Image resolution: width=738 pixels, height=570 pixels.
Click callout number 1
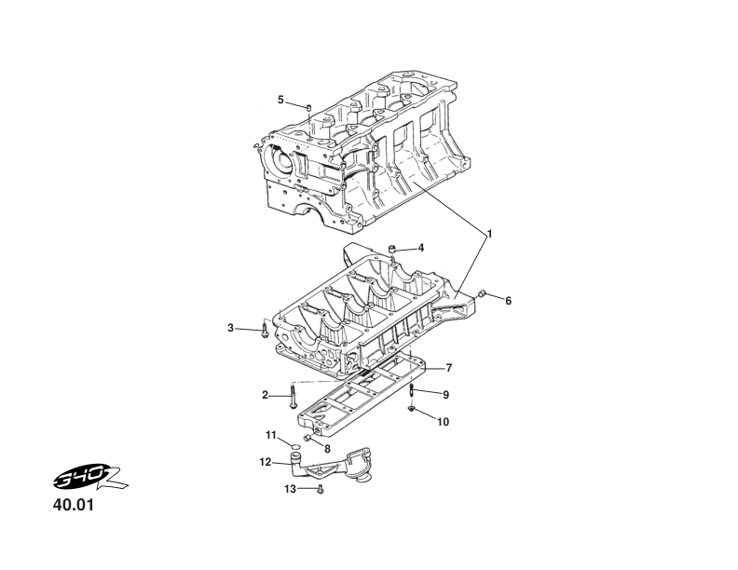tap(490, 232)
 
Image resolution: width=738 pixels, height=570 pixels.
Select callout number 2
tap(266, 395)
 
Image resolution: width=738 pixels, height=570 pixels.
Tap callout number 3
tap(231, 327)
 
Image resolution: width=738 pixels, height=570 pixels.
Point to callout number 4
tap(421, 248)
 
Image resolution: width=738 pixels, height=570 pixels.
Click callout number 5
tap(280, 100)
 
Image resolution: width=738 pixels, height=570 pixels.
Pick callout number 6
tap(508, 301)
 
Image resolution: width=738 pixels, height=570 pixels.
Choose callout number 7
tap(448, 367)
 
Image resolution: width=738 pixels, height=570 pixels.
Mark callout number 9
tap(445, 395)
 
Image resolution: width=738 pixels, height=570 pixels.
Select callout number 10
tap(443, 422)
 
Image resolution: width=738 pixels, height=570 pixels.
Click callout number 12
tap(266, 461)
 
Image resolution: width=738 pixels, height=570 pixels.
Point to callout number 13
tap(290, 488)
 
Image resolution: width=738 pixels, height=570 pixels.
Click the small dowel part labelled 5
tap(307, 109)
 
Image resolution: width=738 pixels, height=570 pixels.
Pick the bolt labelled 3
tap(266, 331)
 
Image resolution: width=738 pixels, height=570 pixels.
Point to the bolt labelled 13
tap(321, 489)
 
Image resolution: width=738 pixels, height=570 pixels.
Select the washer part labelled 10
tap(411, 409)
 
